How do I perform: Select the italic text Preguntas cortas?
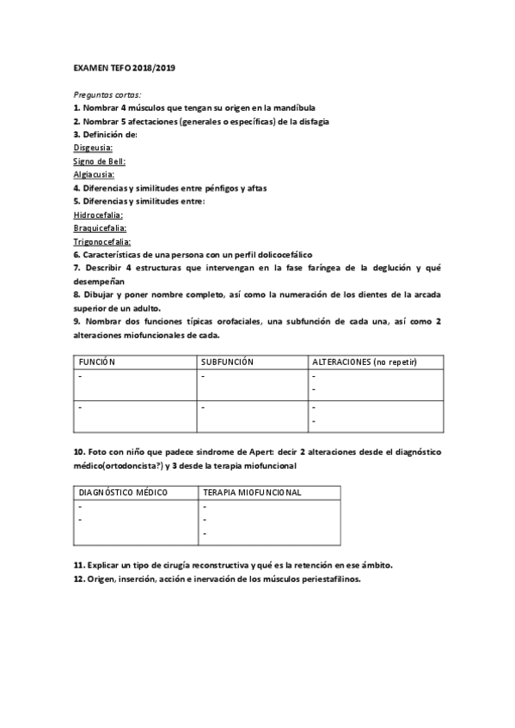[107, 94]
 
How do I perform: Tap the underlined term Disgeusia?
[94, 148]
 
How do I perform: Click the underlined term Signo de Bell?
[101, 161]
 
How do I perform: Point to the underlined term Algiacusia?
[95, 174]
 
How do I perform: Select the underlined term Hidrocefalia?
[98, 215]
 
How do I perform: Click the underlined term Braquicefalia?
[101, 228]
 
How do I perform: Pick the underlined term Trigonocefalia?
[102, 242]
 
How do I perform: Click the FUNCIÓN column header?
[97, 362]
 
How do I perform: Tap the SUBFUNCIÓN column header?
[227, 362]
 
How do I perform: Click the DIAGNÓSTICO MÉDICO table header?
[123, 493]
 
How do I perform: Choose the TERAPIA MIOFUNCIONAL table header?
[251, 493]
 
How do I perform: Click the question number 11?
[78, 565]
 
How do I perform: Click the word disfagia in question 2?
[312, 121]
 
